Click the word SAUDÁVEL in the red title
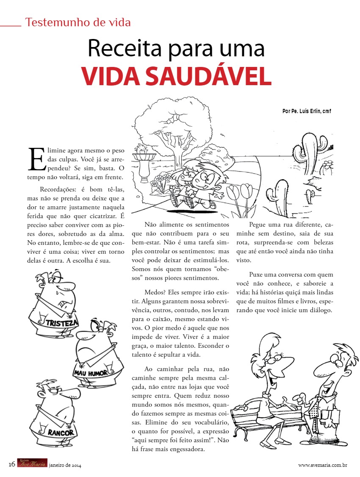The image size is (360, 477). click(x=210, y=76)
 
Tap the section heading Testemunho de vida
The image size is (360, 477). click(x=78, y=22)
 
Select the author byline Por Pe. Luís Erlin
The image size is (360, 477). click(x=306, y=111)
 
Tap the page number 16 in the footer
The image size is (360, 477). click(x=12, y=464)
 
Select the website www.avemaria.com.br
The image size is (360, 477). click(x=323, y=465)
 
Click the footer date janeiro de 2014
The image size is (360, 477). click(x=65, y=465)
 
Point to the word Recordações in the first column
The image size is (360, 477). click(x=59, y=189)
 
